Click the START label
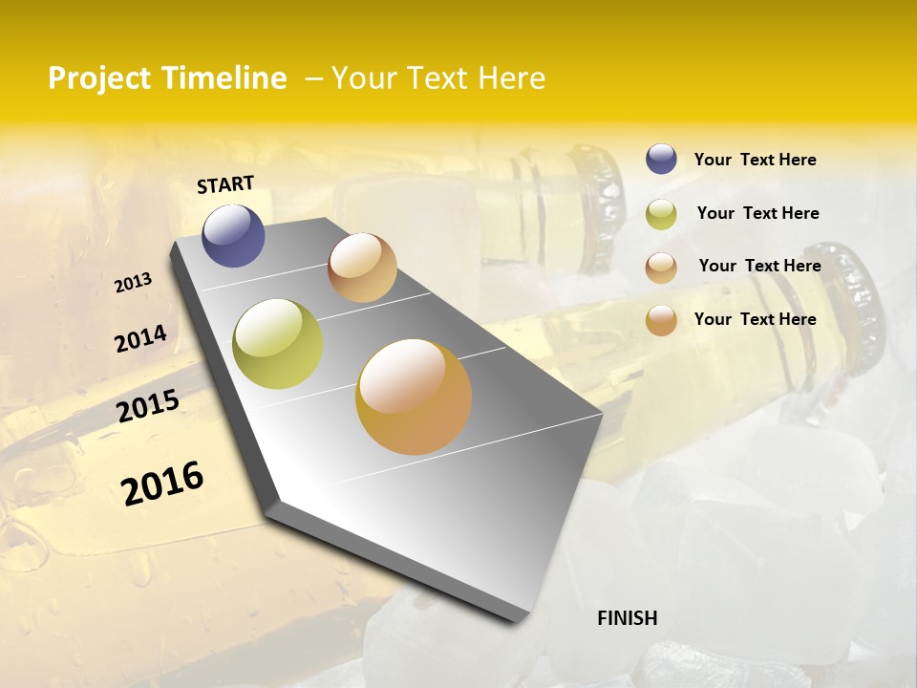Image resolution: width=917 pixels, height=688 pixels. click(x=225, y=183)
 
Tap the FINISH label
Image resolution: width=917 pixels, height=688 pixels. click(x=627, y=618)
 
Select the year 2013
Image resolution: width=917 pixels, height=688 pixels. click(x=133, y=282)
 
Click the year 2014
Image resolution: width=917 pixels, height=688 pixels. click(x=140, y=338)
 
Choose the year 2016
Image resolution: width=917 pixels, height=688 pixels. click(x=162, y=483)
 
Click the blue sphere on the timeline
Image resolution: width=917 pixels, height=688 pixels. click(x=233, y=235)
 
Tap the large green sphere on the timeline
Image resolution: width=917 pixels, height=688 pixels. click(x=277, y=344)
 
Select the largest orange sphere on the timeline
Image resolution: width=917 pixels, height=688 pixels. click(x=414, y=397)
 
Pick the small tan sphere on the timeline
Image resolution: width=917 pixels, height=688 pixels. click(x=362, y=268)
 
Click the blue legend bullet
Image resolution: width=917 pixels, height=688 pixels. click(x=661, y=160)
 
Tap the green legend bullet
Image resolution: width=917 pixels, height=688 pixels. click(x=661, y=214)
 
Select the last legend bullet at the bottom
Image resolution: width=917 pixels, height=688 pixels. click(x=661, y=320)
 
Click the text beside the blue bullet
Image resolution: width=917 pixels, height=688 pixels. click(x=755, y=160)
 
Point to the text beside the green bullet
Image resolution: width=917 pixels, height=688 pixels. click(x=757, y=213)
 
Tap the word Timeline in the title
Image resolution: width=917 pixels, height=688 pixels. click(x=225, y=78)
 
